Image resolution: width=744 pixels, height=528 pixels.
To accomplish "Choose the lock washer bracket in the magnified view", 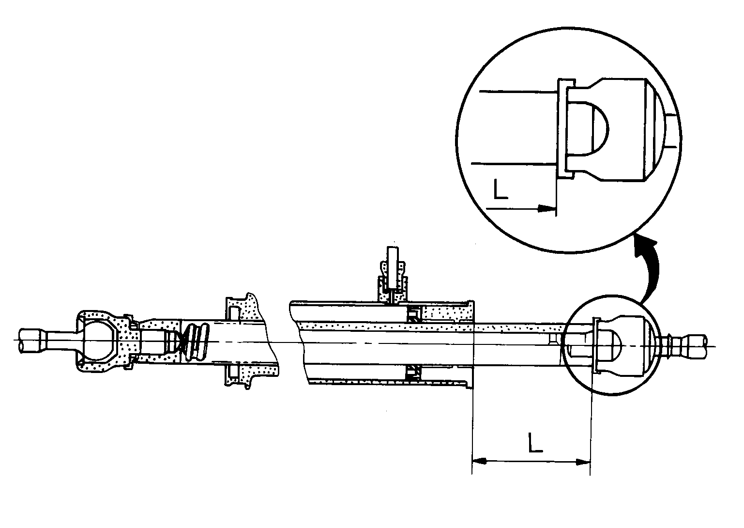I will point(563,127).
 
